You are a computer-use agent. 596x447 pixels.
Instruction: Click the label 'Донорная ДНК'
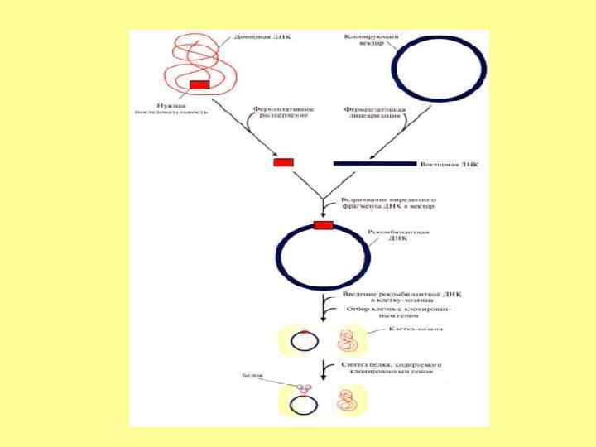[x=262, y=38]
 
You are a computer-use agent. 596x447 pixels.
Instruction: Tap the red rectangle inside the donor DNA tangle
[x=199, y=84]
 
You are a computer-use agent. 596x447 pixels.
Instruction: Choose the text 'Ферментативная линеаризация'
[x=369, y=112]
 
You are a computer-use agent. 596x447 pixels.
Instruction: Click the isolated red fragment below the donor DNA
[x=284, y=162]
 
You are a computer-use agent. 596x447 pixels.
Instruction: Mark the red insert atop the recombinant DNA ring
[x=323, y=225]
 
